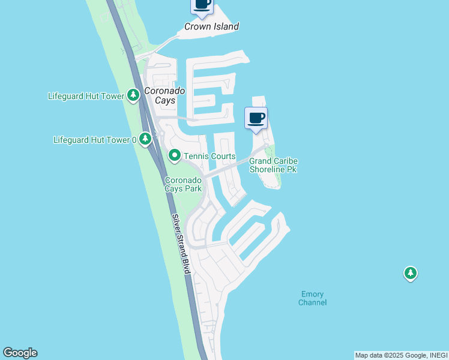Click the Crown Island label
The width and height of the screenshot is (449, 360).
[211, 26]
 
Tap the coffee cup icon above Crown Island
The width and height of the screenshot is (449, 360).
[202, 4]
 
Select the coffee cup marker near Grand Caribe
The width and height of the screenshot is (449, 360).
[256, 118]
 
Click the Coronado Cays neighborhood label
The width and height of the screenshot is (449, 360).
[163, 95]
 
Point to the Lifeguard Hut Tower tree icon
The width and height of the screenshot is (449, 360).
[133, 95]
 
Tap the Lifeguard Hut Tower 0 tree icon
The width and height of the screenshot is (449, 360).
[145, 140]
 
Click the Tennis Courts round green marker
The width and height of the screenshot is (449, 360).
[175, 156]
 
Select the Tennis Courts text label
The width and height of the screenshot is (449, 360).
[209, 157]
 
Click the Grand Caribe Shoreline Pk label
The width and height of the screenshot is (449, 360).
[273, 165]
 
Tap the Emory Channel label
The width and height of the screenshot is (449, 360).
[312, 298]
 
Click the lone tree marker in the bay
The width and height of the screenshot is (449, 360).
[410, 274]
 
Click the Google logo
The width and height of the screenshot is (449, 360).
[20, 353]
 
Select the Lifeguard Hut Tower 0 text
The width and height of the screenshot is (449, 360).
[95, 140]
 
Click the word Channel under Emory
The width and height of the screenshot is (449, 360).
[312, 302]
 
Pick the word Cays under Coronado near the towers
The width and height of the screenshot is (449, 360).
[164, 100]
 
